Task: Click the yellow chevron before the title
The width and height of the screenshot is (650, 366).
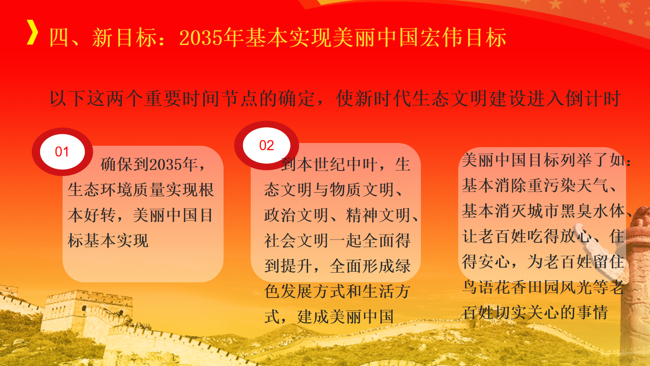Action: (32, 32)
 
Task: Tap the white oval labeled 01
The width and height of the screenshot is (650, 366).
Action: (63, 152)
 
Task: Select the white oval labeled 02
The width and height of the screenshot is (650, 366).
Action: (266, 145)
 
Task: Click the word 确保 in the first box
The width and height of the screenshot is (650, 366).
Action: (117, 165)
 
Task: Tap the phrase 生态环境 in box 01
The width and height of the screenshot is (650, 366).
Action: (100, 190)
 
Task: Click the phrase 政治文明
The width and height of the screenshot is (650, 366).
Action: (296, 216)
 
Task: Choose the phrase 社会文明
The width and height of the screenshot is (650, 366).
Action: (296, 241)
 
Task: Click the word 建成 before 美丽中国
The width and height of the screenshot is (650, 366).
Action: (313, 317)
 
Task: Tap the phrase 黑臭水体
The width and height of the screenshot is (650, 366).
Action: (592, 211)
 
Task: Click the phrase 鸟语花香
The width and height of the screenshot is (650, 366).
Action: (494, 287)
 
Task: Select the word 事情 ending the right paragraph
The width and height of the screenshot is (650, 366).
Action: (592, 313)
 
